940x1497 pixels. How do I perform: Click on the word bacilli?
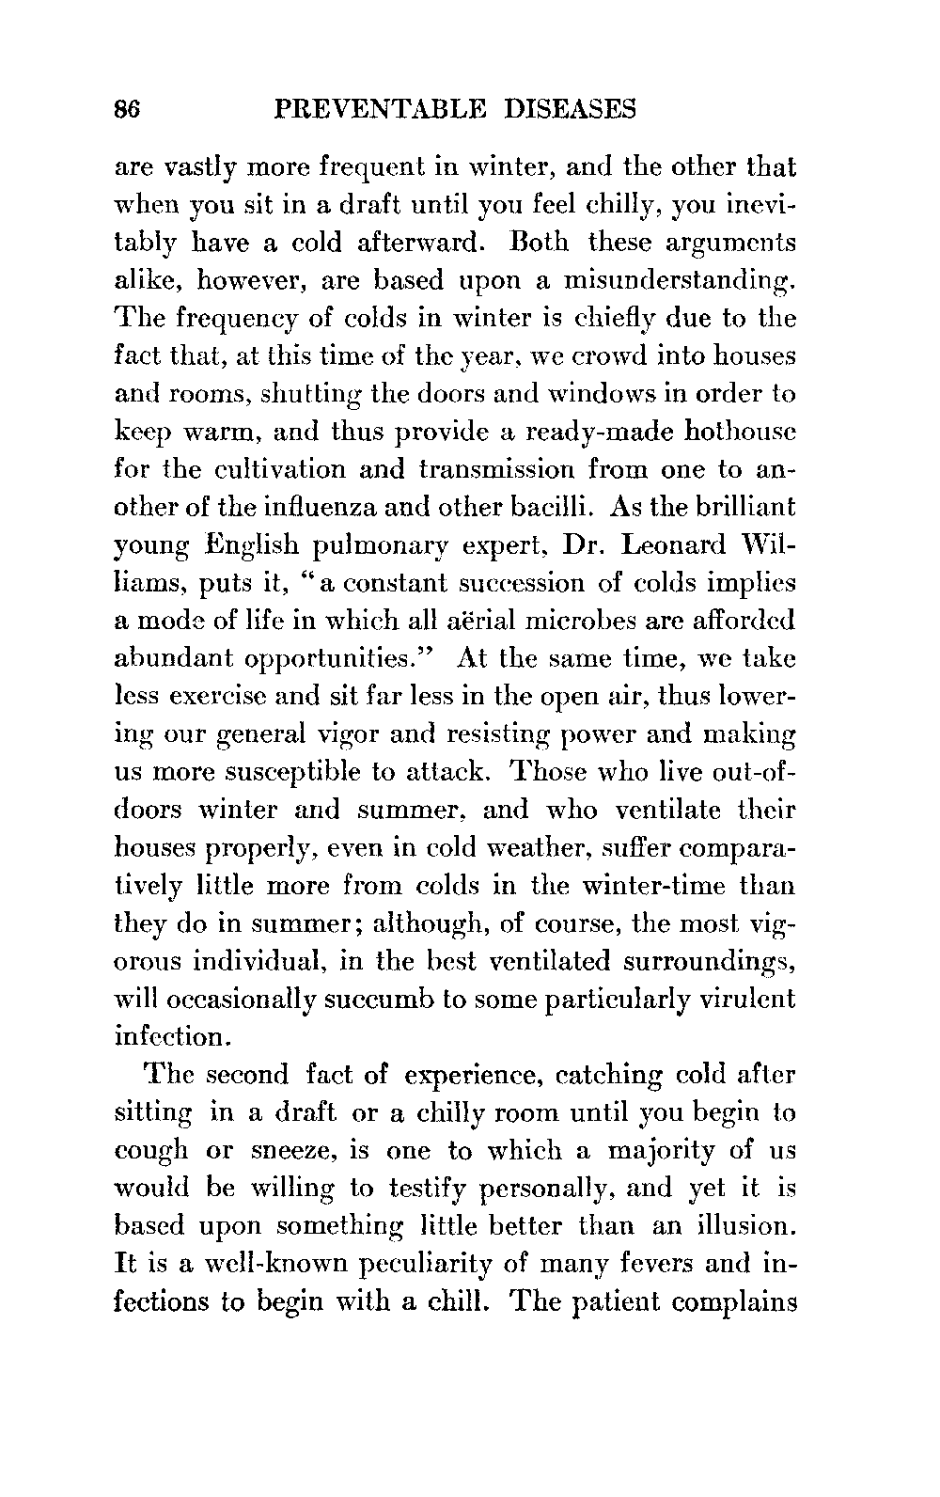(x=545, y=507)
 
